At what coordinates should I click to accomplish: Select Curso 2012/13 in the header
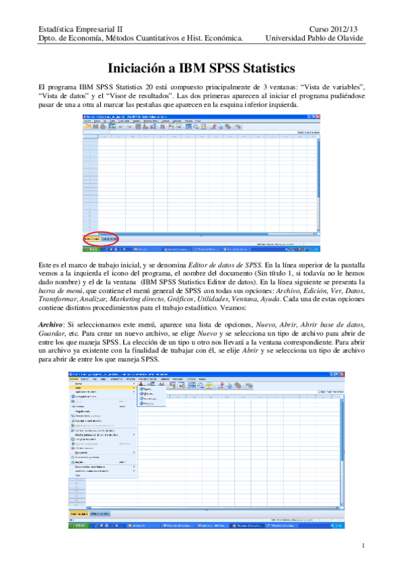click(x=336, y=28)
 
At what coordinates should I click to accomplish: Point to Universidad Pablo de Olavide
click(x=314, y=38)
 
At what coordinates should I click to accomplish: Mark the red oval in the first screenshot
click(x=102, y=239)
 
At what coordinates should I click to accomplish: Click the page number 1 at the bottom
click(x=363, y=545)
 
